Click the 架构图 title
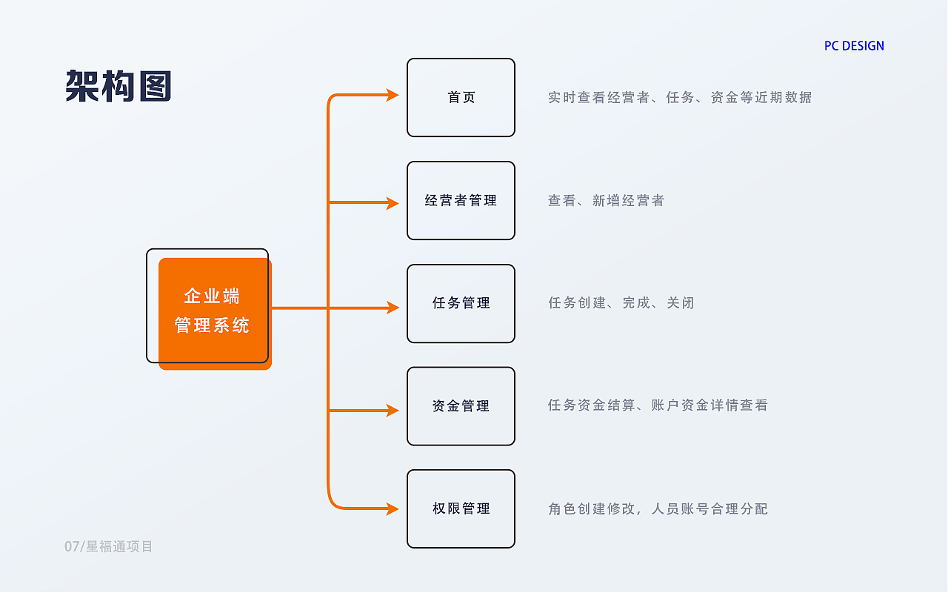(x=118, y=86)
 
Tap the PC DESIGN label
(x=854, y=46)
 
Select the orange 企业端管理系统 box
(x=215, y=314)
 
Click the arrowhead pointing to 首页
(x=393, y=95)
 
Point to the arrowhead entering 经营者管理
(x=393, y=203)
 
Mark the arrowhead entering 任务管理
(x=393, y=308)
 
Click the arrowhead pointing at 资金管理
(x=393, y=411)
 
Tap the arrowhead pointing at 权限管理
(x=393, y=508)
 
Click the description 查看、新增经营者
(x=606, y=200)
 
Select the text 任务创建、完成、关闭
(x=621, y=303)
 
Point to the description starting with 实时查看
(x=680, y=97)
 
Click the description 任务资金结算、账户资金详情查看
(x=658, y=405)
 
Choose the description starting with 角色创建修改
(x=658, y=508)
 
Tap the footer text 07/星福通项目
(x=108, y=546)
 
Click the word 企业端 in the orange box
(x=212, y=296)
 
